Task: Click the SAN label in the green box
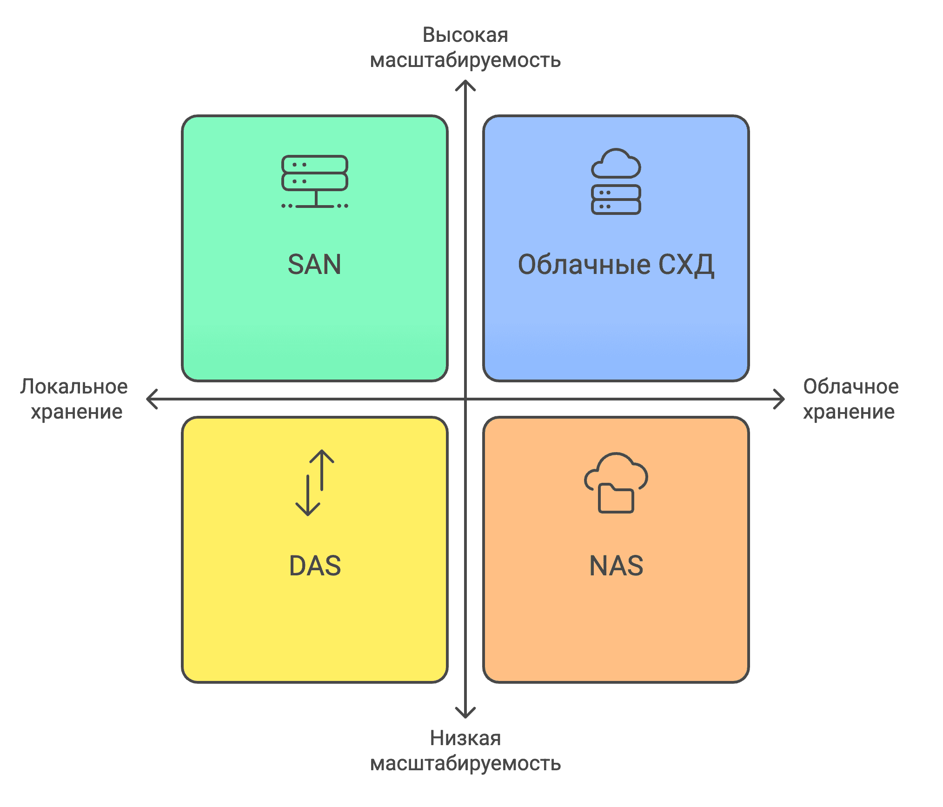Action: point(314,265)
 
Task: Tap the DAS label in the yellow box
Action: point(315,566)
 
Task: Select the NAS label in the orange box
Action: point(616,566)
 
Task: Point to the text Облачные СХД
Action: point(616,265)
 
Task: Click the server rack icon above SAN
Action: point(315,181)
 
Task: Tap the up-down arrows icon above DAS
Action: point(315,483)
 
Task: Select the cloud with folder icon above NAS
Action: point(616,483)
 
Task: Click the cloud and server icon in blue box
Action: point(616,181)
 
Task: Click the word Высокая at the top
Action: point(465,35)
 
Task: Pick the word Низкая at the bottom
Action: point(465,738)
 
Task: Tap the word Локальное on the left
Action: point(74,387)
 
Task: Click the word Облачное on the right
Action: point(851,387)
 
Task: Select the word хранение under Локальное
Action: point(77,412)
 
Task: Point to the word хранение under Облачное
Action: point(849,412)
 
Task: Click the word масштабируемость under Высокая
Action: point(465,60)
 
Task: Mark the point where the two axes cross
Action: point(465,399)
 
